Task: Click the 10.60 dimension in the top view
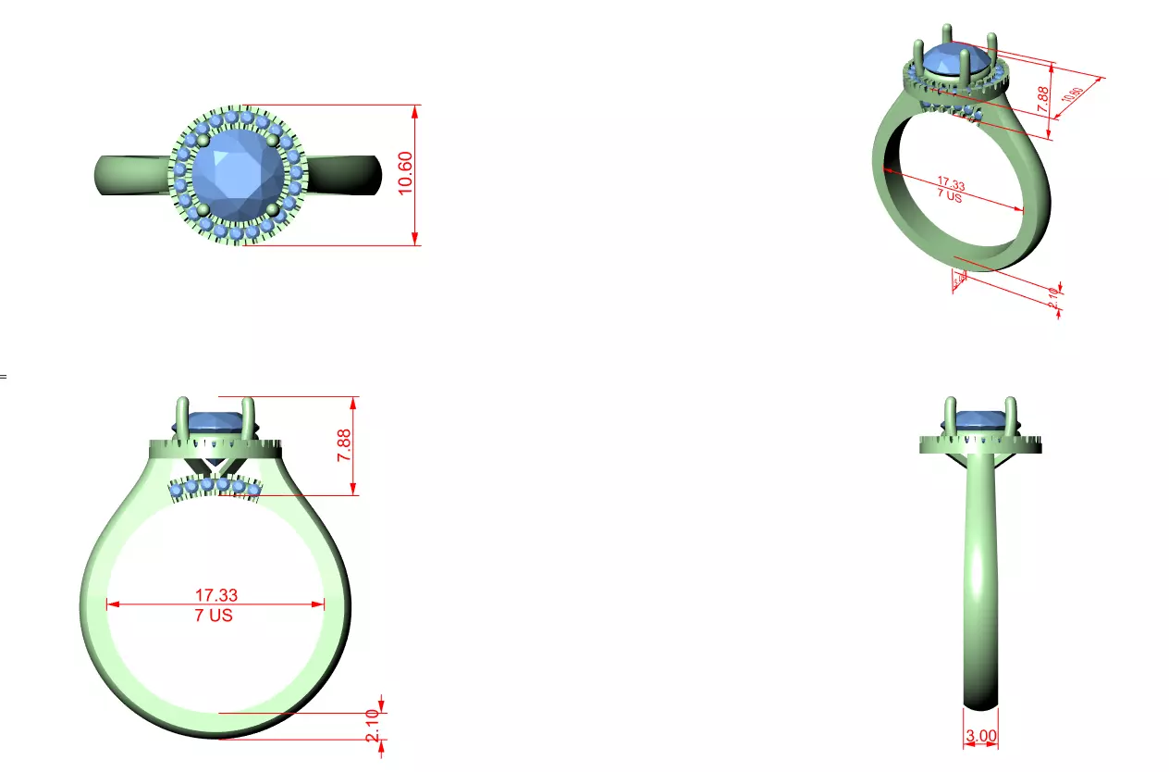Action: pyautogui.click(x=405, y=174)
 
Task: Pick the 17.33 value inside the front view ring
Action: pyautogui.click(x=215, y=595)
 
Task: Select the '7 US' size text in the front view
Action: pyautogui.click(x=215, y=616)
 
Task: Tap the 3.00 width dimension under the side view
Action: pyautogui.click(x=981, y=737)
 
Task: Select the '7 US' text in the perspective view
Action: pyautogui.click(x=950, y=195)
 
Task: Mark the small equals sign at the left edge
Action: pyautogui.click(x=3, y=377)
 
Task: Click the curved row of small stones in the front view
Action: pyautogui.click(x=215, y=486)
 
